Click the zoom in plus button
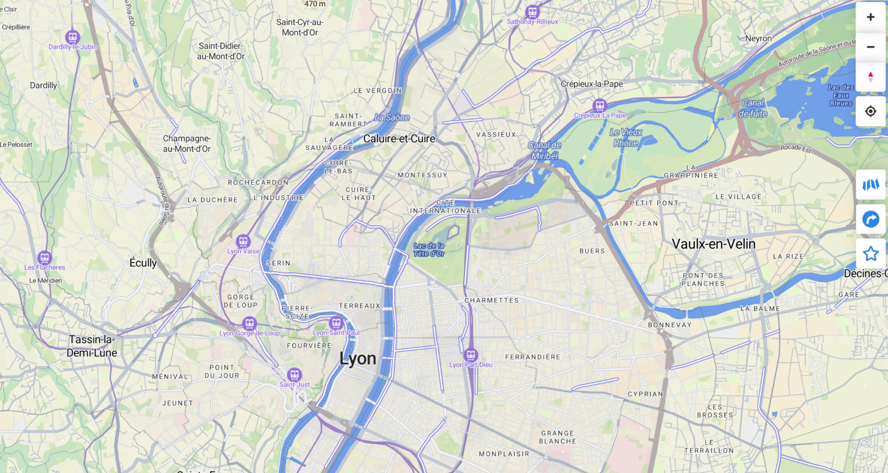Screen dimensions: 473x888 coord(870,17)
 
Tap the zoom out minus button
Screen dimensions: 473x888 coord(870,47)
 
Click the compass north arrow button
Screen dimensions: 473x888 coord(870,77)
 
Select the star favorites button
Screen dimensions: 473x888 coord(870,253)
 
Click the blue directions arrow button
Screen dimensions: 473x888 coord(870,219)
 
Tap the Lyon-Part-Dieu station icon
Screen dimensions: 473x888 coord(471,355)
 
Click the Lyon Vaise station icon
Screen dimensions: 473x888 coord(243,241)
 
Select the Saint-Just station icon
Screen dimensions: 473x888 coord(294,374)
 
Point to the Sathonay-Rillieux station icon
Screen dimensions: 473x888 coord(532,12)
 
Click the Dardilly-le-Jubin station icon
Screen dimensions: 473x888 coord(72,37)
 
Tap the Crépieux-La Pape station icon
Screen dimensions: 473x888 coord(600,105)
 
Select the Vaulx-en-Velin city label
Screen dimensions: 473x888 coord(713,244)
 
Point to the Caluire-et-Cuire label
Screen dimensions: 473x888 coord(399,139)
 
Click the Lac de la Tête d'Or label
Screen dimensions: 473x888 coord(428,250)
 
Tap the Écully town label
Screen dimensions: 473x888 coord(143,263)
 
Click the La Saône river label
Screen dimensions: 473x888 coord(392,117)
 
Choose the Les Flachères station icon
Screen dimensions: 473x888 coord(44,258)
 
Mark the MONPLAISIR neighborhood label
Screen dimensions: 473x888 coord(504,454)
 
